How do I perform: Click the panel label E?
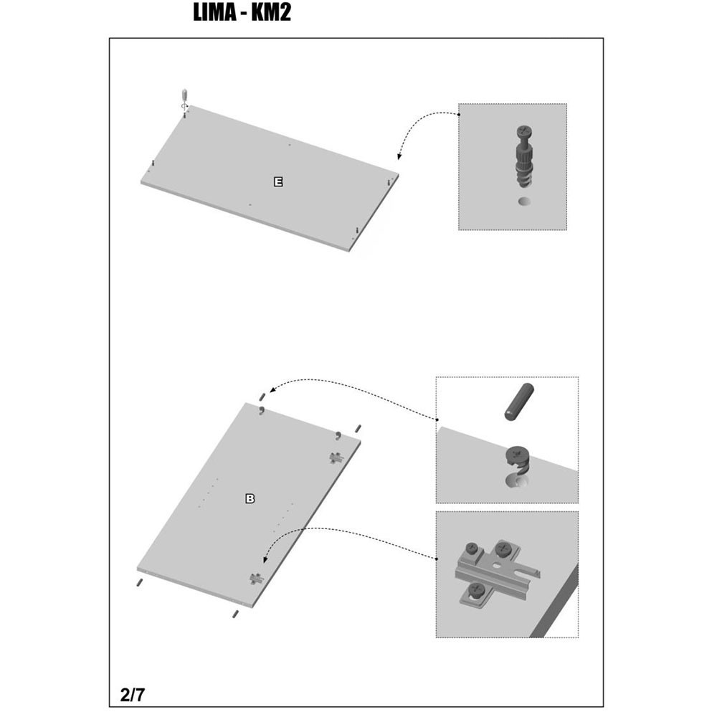click(x=278, y=182)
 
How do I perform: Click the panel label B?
click(x=250, y=498)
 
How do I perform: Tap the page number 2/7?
click(x=133, y=695)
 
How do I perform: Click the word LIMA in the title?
click(x=214, y=12)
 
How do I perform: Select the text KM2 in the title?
click(x=271, y=12)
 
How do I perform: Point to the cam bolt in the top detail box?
click(x=524, y=156)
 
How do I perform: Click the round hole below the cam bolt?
click(x=525, y=201)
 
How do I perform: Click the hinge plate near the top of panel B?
click(x=336, y=457)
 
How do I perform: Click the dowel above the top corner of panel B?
click(x=262, y=397)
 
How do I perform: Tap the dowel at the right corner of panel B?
click(x=358, y=429)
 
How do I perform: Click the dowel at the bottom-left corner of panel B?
click(x=139, y=582)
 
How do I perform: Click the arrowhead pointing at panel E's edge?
click(x=399, y=156)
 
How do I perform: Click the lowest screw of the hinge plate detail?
click(x=476, y=592)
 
